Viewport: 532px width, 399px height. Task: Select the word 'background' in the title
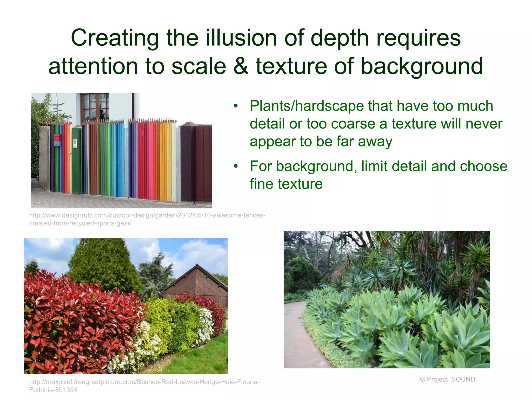(x=422, y=66)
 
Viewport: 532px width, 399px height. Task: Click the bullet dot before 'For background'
(x=236, y=166)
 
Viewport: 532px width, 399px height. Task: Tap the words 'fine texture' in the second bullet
(x=286, y=184)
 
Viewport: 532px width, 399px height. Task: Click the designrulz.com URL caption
(x=147, y=219)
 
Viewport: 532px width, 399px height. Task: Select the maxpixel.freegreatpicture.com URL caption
(x=144, y=385)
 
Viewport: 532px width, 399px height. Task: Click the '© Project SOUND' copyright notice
(x=447, y=379)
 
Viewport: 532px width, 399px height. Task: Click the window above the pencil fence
(x=95, y=107)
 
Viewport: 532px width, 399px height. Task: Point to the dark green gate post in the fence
(x=77, y=161)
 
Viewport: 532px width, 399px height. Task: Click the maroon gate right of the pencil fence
(x=203, y=164)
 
